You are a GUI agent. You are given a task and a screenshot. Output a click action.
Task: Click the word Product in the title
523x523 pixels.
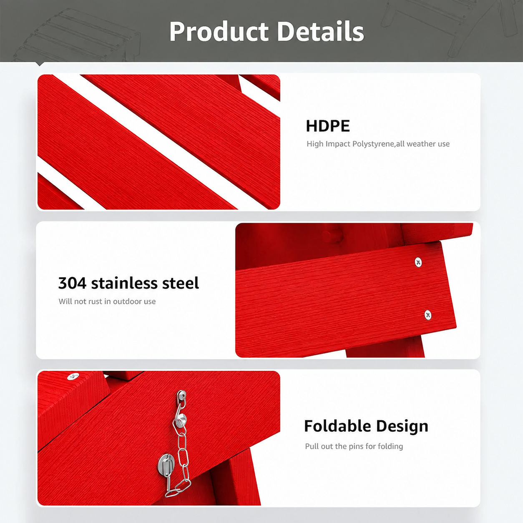pos(219,31)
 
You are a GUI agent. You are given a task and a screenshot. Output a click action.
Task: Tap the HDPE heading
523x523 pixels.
pos(327,126)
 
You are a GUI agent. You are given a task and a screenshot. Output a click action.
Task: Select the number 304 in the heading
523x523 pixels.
pos(72,283)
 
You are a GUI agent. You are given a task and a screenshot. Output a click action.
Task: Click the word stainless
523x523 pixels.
pos(124,283)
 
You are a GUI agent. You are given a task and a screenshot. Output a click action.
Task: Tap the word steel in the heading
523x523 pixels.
pos(181,283)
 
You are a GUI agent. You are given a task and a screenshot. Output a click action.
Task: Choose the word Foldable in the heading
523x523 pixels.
pos(337,426)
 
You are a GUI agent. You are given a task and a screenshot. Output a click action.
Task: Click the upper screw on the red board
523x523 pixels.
pos(418,262)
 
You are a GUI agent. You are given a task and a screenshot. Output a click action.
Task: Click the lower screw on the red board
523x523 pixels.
pos(428,315)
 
